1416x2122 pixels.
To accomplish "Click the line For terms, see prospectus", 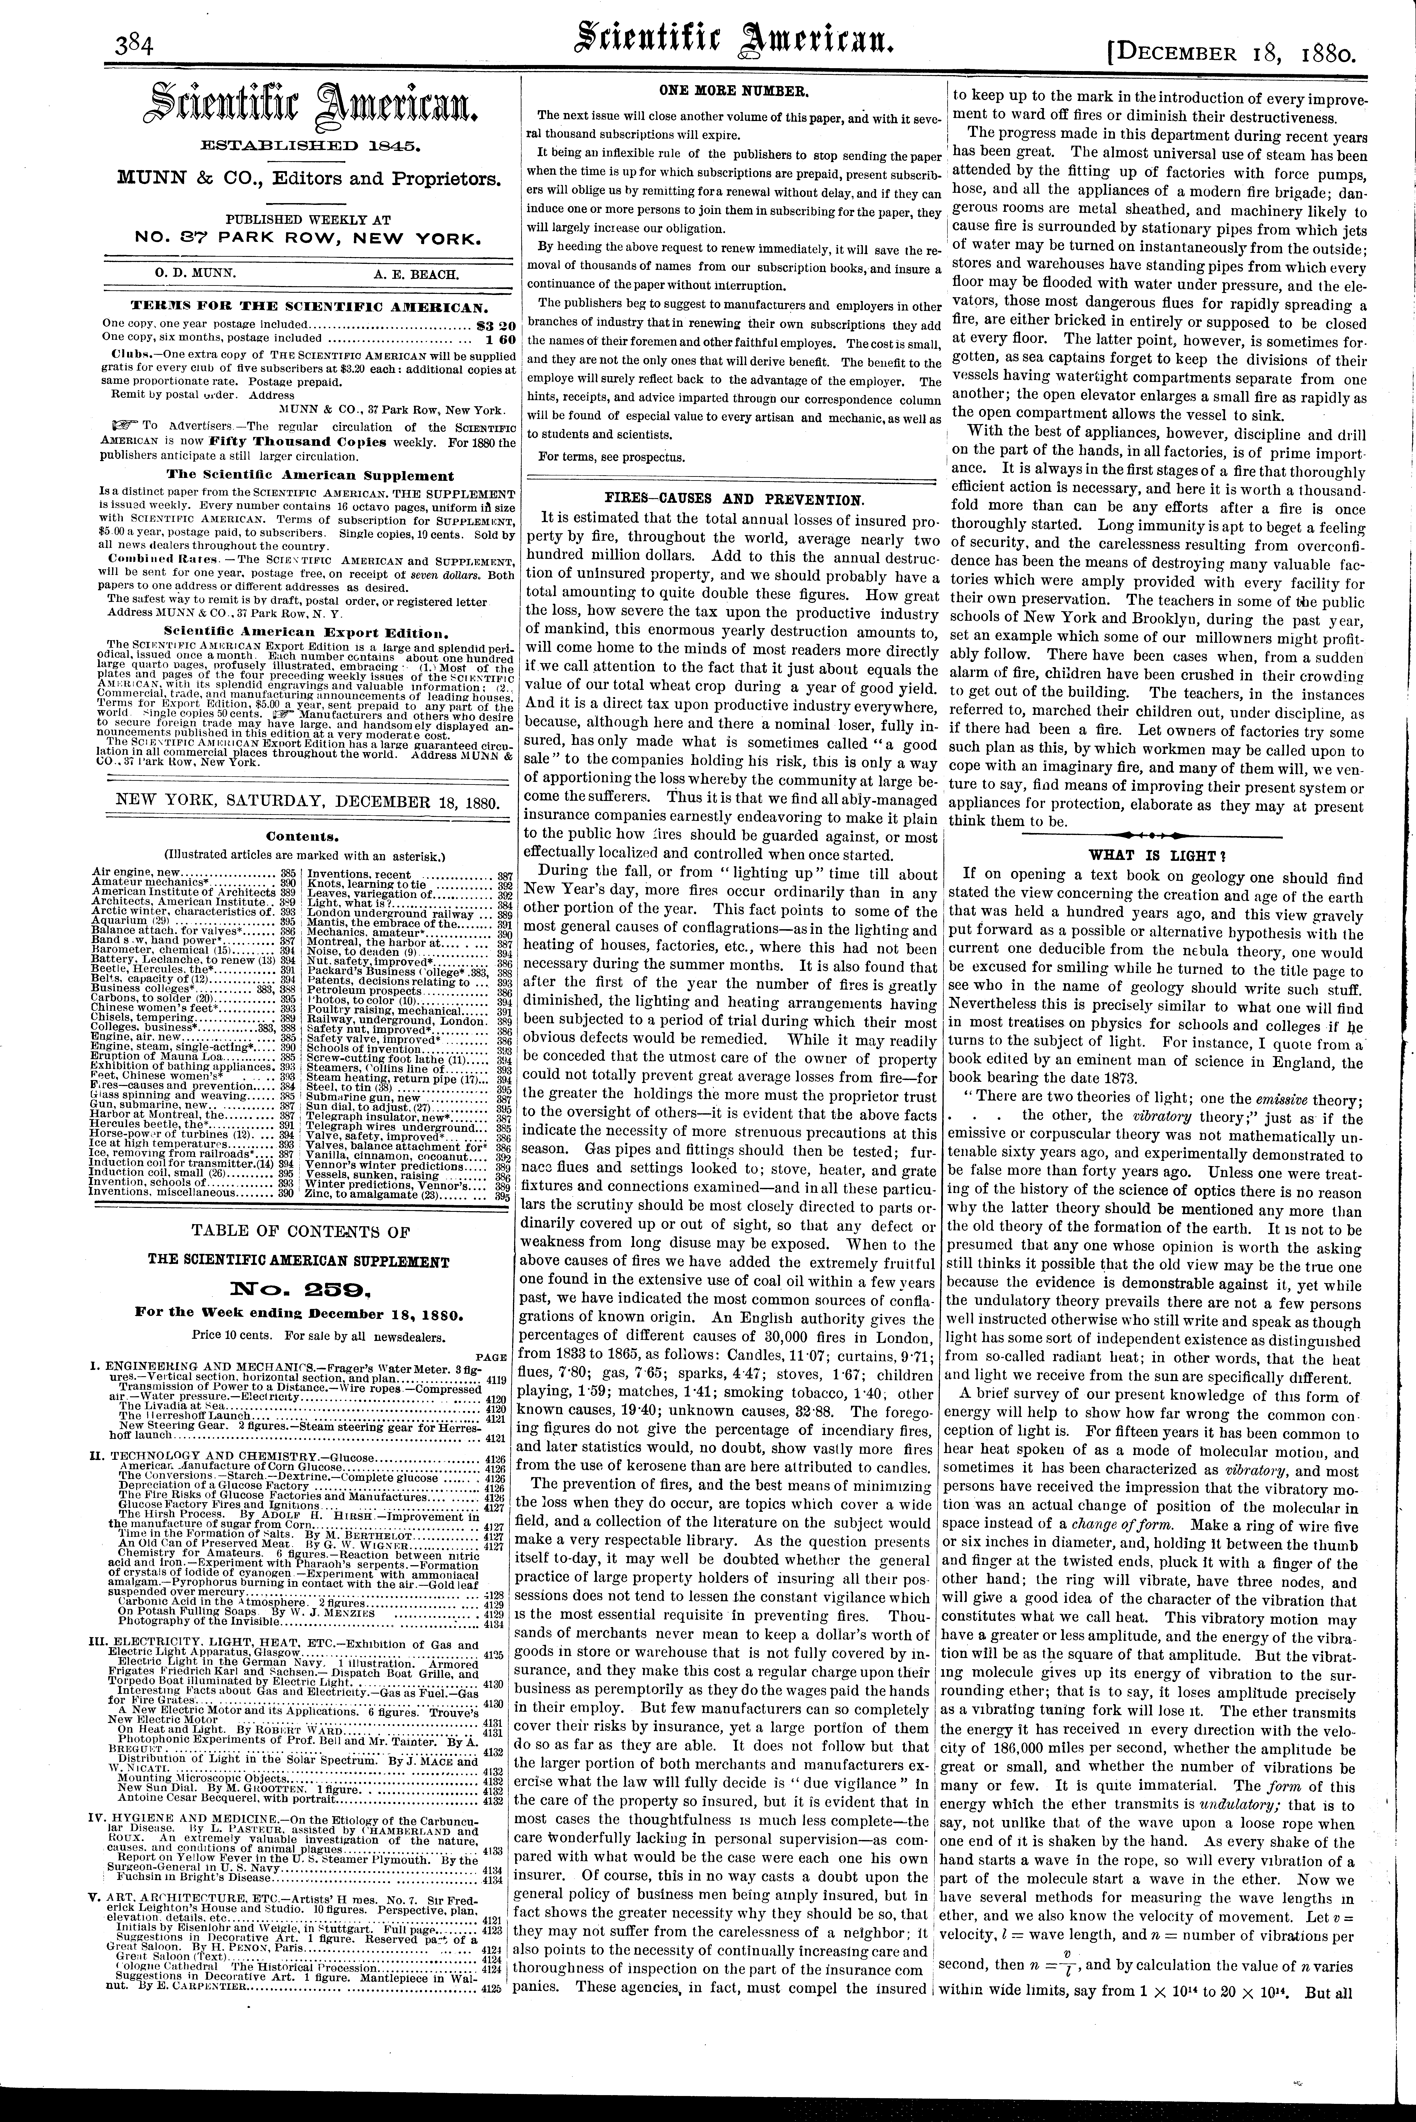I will tap(611, 457).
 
